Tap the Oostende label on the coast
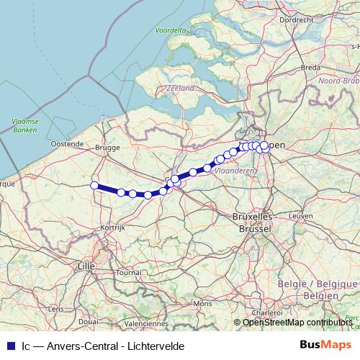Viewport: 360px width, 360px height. tap(67, 144)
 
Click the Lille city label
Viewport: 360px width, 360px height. tap(85, 266)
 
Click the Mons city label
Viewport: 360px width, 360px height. tap(204, 305)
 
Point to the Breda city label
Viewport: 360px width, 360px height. tap(310, 67)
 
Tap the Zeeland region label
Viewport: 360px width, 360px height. tap(180, 88)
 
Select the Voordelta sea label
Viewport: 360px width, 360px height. tap(170, 31)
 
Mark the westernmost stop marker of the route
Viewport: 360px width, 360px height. tap(94, 185)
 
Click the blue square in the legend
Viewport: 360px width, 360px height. tap(9, 346)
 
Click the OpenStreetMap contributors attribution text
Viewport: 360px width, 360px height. tap(297, 322)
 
